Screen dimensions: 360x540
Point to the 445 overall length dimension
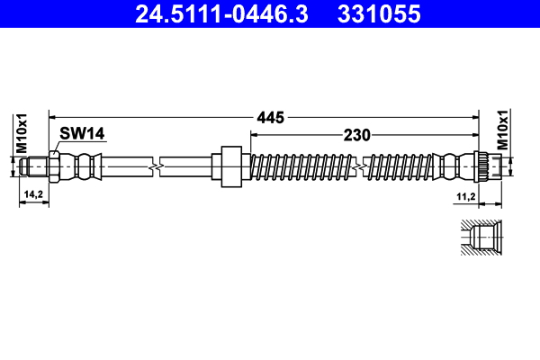(271, 117)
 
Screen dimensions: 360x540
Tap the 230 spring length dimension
(357, 136)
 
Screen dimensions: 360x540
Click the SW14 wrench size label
(83, 133)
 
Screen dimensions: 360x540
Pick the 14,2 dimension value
(33, 194)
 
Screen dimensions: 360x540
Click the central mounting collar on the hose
(229, 166)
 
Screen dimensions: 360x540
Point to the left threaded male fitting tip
(34, 166)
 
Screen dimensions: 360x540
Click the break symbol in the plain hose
(158, 166)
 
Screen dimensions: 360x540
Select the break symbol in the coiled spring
(361, 166)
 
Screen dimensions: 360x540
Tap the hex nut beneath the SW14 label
(55, 166)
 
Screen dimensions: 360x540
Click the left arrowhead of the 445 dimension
(52, 117)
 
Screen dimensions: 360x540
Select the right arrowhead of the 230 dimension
(474, 136)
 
